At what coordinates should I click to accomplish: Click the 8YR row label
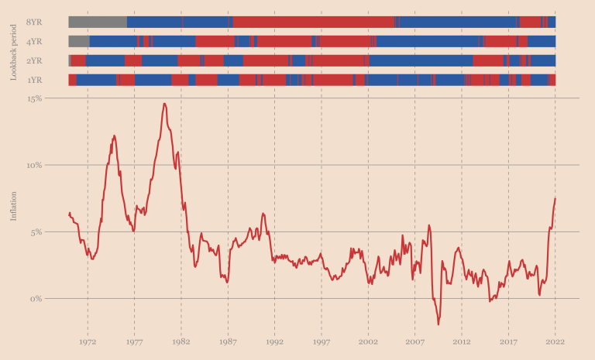click(34, 22)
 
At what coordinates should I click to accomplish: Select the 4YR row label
click(34, 41)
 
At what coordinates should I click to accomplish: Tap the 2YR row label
click(34, 60)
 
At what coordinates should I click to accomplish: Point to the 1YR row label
click(34, 80)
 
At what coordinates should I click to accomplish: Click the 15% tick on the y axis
click(34, 98)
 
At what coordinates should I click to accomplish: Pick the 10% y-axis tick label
click(34, 165)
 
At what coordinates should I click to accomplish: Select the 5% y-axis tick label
click(36, 231)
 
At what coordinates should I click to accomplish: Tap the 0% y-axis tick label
click(36, 299)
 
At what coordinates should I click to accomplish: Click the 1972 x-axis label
click(88, 341)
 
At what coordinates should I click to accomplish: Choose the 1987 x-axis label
click(228, 341)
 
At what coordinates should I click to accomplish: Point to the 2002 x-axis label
click(368, 341)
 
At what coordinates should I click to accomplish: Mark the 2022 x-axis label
click(555, 341)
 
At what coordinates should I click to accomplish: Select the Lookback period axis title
click(13, 51)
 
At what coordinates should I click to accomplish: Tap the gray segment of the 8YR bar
click(98, 22)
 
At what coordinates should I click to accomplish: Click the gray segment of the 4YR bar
click(79, 41)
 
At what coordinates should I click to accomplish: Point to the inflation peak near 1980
click(164, 104)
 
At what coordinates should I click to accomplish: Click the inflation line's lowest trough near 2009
click(439, 324)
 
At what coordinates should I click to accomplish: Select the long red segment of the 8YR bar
click(314, 22)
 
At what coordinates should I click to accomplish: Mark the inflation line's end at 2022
click(555, 199)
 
